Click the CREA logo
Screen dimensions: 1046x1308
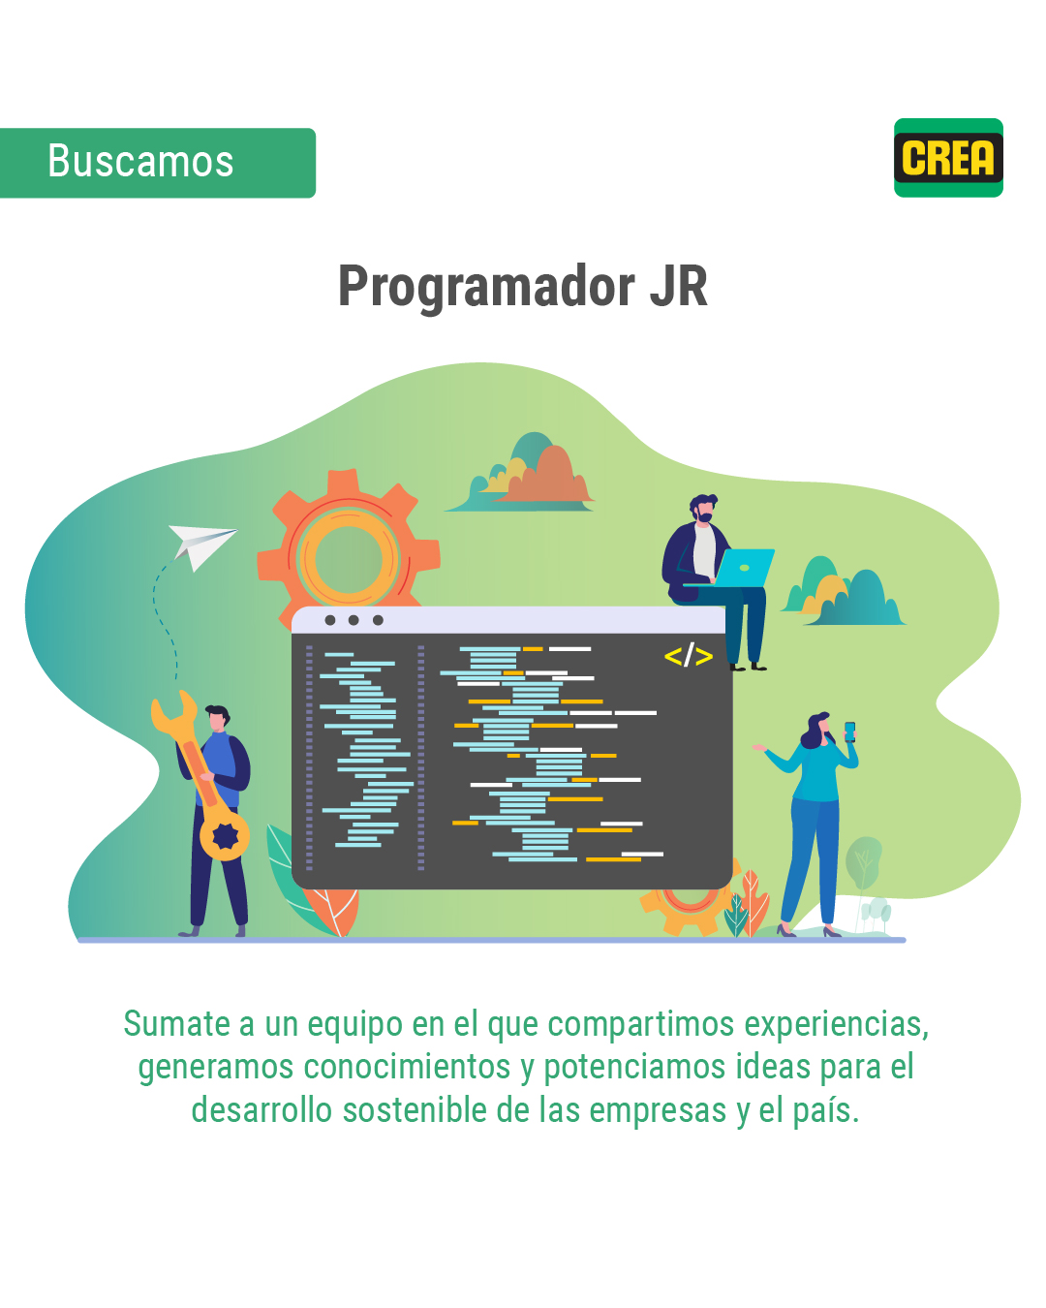point(948,157)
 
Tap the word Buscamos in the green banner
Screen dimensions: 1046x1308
point(140,161)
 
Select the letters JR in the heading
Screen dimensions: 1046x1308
point(679,286)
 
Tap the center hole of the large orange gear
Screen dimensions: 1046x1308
point(349,559)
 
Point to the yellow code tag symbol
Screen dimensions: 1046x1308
point(688,656)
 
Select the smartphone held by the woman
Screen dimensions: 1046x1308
point(849,732)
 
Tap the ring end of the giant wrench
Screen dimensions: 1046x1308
point(225,836)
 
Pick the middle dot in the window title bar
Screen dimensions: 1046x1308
point(354,620)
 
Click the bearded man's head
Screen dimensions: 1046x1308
point(703,508)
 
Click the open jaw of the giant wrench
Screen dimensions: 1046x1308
point(173,710)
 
